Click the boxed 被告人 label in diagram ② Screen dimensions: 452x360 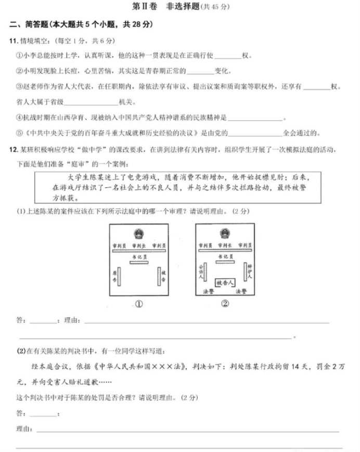tap(225, 282)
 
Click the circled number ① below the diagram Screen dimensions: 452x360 tap(139, 305)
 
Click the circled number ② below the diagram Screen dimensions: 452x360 tap(225, 305)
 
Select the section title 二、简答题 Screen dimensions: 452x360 tap(30, 25)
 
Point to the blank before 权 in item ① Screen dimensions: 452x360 tap(228, 56)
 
